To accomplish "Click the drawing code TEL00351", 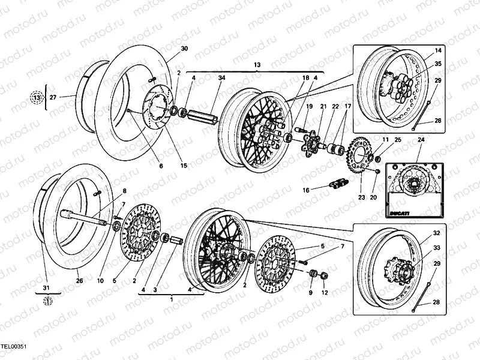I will point(14,346).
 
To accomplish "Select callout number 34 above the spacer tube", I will point(221,77).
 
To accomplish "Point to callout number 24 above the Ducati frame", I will point(420,140).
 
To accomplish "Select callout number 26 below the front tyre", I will point(79,280).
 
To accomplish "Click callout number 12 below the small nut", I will point(325,293).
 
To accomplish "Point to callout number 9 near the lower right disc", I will point(311,293).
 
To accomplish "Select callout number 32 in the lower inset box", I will point(437,233).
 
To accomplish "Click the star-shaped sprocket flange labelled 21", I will point(311,143).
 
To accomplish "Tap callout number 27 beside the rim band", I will point(52,97).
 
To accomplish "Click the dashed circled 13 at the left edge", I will point(37,97).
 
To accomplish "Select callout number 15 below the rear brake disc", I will point(184,166).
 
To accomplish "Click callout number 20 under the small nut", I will point(373,197).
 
